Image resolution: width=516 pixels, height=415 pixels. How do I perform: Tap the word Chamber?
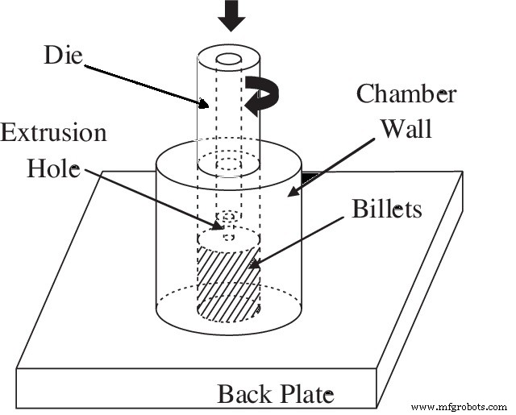[x=407, y=95]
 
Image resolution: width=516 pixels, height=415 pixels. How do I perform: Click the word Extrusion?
[x=53, y=132]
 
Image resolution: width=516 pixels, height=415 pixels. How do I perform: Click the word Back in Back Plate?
[x=241, y=395]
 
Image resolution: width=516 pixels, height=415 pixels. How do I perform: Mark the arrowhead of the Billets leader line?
[x=253, y=265]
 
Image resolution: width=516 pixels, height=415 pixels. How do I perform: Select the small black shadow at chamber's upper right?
[x=309, y=174]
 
